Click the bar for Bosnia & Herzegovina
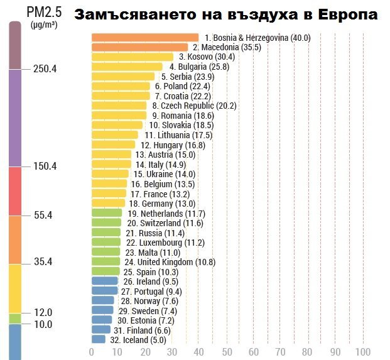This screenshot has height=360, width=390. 144,38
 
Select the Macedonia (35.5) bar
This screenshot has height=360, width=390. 139,47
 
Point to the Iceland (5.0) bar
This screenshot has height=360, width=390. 99,339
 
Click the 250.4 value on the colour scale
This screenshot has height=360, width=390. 45,68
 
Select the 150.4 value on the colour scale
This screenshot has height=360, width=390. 45,166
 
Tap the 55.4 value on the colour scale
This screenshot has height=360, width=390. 43,215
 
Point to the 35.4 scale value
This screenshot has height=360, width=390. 43,262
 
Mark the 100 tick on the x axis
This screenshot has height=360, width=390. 362,352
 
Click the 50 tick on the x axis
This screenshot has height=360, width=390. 227,352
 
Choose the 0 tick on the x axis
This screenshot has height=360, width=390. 92,352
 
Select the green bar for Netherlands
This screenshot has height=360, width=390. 107,213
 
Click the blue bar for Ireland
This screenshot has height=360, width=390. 104,281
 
